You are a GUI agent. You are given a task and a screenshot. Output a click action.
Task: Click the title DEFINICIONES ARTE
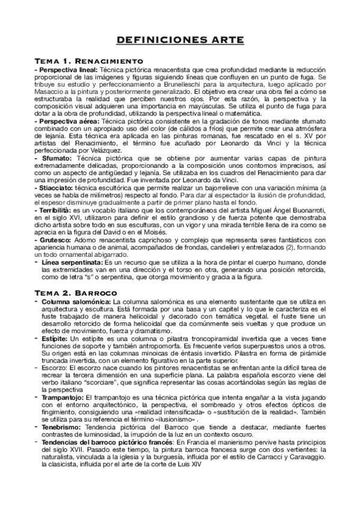click(x=180, y=40)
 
